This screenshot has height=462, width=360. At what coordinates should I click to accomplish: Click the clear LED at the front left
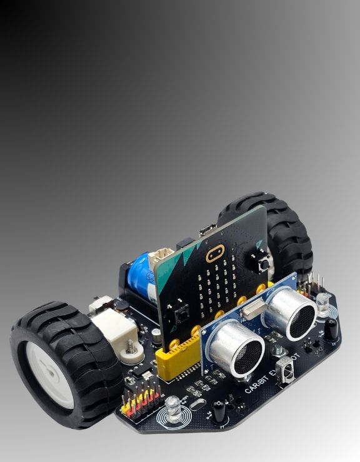172,406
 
